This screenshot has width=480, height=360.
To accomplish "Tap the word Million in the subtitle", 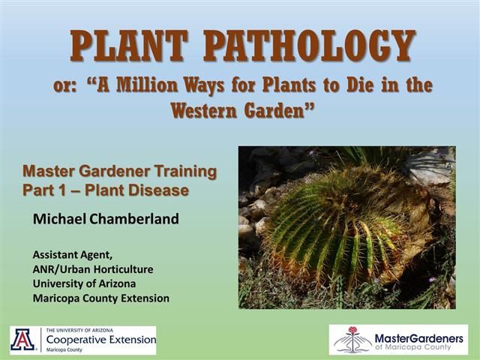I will (174, 85).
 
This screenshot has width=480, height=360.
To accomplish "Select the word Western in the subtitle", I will (213, 110).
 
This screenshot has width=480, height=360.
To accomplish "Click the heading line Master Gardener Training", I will (120, 172).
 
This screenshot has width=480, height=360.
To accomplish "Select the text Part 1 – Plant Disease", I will (106, 190).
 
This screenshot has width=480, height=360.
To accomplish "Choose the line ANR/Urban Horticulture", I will (93, 268).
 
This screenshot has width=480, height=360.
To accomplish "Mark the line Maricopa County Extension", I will (101, 298).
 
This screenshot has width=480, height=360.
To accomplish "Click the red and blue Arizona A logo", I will (22, 340).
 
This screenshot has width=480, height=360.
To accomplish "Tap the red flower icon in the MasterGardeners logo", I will (352, 331).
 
